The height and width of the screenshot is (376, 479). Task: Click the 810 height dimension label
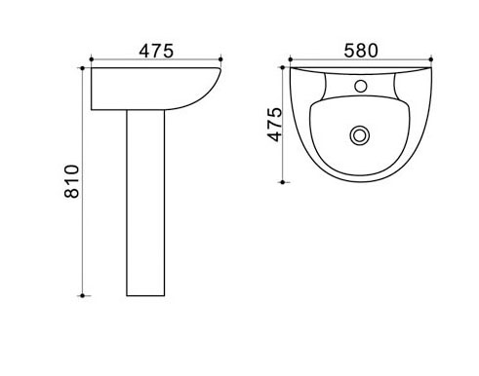71,181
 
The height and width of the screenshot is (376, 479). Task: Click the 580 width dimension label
361,51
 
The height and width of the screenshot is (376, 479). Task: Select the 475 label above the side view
156,51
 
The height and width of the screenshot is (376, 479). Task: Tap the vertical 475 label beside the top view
275,125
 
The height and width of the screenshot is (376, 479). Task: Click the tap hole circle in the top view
361,86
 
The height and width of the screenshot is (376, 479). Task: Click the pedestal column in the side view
145,203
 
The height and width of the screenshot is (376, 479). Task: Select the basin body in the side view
155,89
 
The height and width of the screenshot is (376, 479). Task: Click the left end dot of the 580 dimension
291,59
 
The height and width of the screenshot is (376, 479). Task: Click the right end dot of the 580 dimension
431,59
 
